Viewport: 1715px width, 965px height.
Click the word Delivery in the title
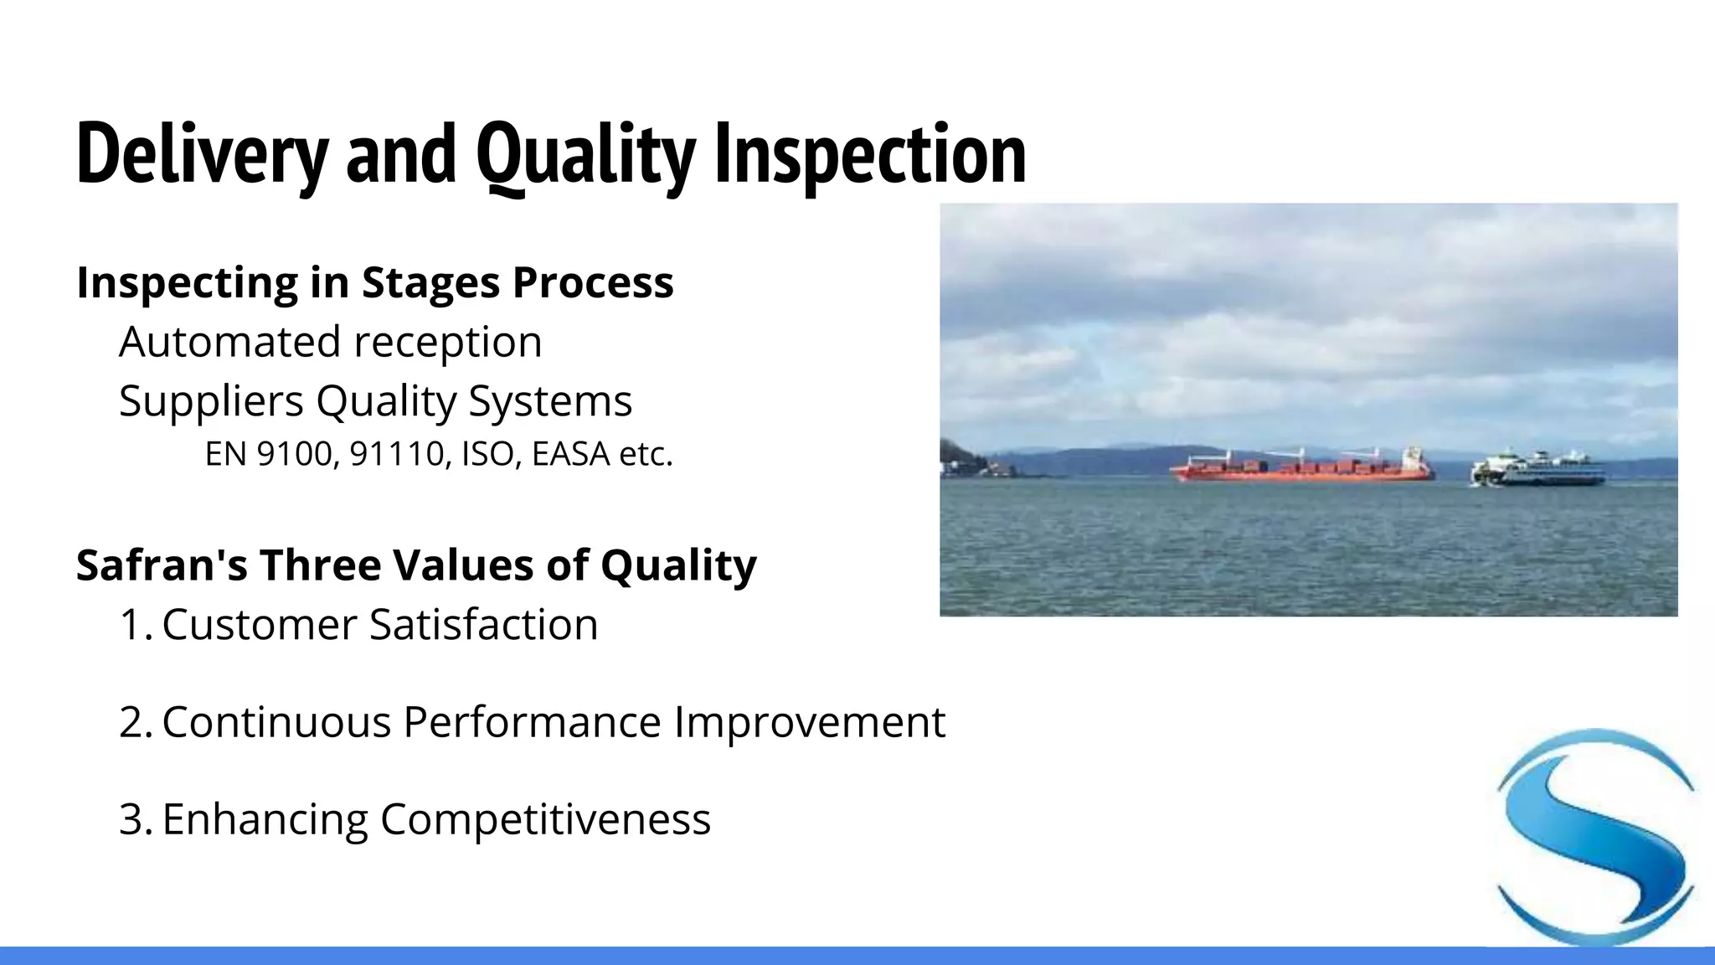[x=201, y=155]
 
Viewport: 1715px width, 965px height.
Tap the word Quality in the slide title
[x=585, y=155]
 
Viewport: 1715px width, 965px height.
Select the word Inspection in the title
[x=870, y=155]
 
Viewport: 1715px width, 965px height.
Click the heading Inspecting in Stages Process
[x=374, y=282]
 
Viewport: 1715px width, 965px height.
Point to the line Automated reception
[x=330, y=342]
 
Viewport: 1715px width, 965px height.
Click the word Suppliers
[x=210, y=400]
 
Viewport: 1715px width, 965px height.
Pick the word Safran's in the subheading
[x=162, y=565]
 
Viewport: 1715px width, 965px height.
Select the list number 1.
[x=134, y=625]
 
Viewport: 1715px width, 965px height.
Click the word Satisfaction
[x=484, y=625]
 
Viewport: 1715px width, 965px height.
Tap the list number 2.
[x=134, y=722]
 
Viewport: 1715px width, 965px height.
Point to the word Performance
[x=532, y=722]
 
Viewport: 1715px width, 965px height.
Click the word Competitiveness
[x=545, y=819]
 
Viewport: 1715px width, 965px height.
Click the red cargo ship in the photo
[x=1302, y=469]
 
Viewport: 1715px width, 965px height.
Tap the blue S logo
[x=1595, y=838]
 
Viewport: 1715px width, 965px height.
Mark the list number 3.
[x=134, y=819]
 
